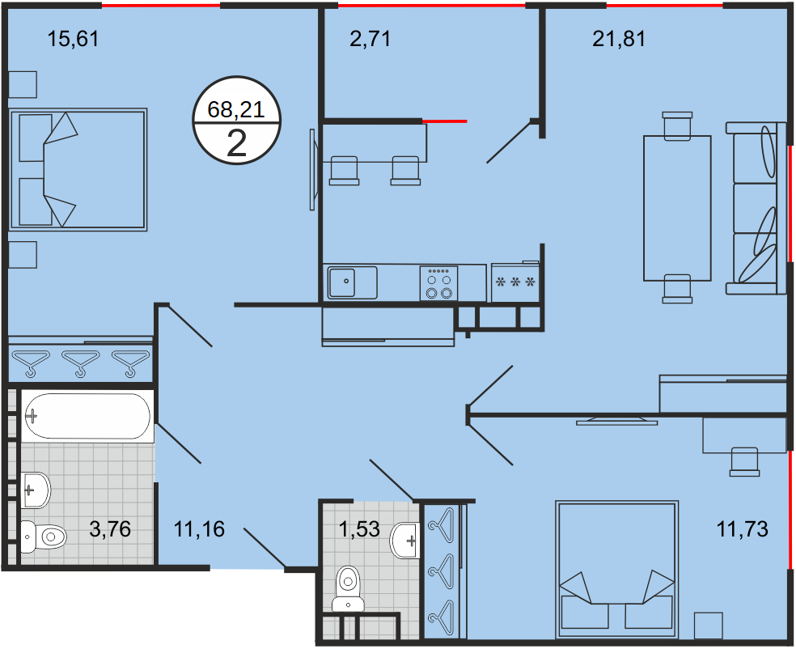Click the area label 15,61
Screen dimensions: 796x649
coord(73,39)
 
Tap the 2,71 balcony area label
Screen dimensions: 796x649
coord(370,39)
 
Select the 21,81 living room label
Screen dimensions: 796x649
coord(619,39)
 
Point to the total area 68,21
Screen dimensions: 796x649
coord(236,110)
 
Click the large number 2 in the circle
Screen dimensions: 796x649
coord(236,144)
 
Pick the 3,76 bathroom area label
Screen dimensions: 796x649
coord(110,529)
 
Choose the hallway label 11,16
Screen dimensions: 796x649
coord(199,529)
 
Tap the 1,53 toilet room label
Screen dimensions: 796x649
coord(359,529)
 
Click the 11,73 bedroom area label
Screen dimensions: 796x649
coord(742,529)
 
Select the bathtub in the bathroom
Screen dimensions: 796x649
coord(87,417)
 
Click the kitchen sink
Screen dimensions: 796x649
coord(353,282)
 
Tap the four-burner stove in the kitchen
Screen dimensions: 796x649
coord(439,283)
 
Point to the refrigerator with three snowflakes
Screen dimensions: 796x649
coord(514,282)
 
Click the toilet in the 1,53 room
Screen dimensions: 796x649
coord(348,588)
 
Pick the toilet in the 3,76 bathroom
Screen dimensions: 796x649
coord(44,537)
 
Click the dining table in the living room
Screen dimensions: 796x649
coord(677,208)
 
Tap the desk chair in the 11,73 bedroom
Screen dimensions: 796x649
coord(744,461)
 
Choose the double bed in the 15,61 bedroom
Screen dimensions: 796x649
coord(78,170)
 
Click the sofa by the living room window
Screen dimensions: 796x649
coord(756,208)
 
